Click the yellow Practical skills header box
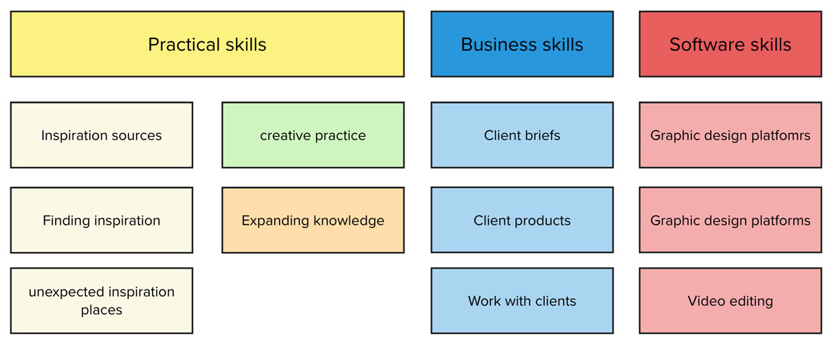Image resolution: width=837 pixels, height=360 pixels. click(x=207, y=44)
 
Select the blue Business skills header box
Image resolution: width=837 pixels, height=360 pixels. click(x=522, y=44)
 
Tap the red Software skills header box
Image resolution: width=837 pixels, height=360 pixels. click(x=730, y=44)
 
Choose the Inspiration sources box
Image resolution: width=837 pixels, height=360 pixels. click(x=102, y=135)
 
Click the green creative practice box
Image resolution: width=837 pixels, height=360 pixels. click(x=313, y=135)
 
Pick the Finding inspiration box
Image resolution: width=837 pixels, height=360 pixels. click(x=102, y=220)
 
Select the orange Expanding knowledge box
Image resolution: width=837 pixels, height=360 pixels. click(x=313, y=220)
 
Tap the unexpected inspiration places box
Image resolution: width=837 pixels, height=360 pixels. click(x=102, y=301)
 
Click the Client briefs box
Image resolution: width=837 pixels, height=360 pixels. click(x=522, y=135)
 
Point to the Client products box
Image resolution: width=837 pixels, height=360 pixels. click(x=522, y=220)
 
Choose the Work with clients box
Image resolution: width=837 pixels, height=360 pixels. click(x=522, y=301)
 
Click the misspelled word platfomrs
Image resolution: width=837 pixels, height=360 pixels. click(x=781, y=136)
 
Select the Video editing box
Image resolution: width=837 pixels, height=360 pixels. click(x=730, y=301)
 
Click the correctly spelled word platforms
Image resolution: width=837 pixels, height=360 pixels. click(x=781, y=221)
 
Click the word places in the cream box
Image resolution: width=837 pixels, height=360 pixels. click(x=102, y=310)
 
